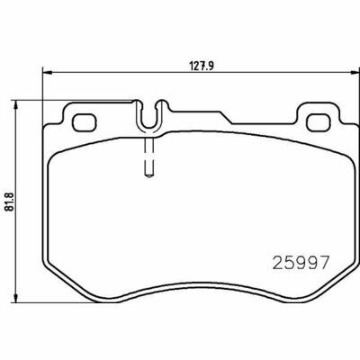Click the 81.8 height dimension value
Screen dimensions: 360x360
10,202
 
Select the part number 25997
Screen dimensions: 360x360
301,263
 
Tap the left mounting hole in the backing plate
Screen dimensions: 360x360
85,122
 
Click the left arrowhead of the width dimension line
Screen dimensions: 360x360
48,72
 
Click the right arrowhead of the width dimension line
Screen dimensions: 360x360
355,72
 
